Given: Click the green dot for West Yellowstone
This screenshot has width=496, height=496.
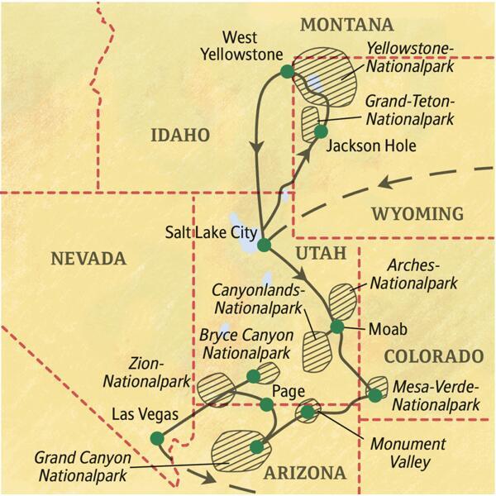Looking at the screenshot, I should point(287,72).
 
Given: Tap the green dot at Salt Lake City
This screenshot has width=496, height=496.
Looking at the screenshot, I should point(264,245).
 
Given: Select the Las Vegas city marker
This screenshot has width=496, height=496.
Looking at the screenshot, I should point(156,438).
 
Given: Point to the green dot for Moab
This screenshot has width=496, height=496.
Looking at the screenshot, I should point(336,327).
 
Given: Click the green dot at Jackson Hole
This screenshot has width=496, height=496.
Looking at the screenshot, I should point(321,131).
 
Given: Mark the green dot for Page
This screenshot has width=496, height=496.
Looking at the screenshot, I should point(266,404).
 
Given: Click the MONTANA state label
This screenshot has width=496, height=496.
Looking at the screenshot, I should point(346,25).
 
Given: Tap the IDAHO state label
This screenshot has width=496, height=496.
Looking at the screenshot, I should point(180,136).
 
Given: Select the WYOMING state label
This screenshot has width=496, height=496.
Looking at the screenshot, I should point(417,215).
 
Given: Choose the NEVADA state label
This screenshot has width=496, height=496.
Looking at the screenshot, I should point(88,259).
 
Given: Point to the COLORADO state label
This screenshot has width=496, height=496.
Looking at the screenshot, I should point(433,356).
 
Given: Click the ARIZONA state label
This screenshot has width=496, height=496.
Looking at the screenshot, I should point(303,474).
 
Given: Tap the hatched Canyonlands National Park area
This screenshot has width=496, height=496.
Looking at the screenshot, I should point(317,351).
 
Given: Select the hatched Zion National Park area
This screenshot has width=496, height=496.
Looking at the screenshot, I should point(216,387).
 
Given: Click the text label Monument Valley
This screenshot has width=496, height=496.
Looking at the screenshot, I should point(408,453).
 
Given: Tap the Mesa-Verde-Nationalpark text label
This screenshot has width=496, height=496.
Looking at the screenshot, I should point(436,395).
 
